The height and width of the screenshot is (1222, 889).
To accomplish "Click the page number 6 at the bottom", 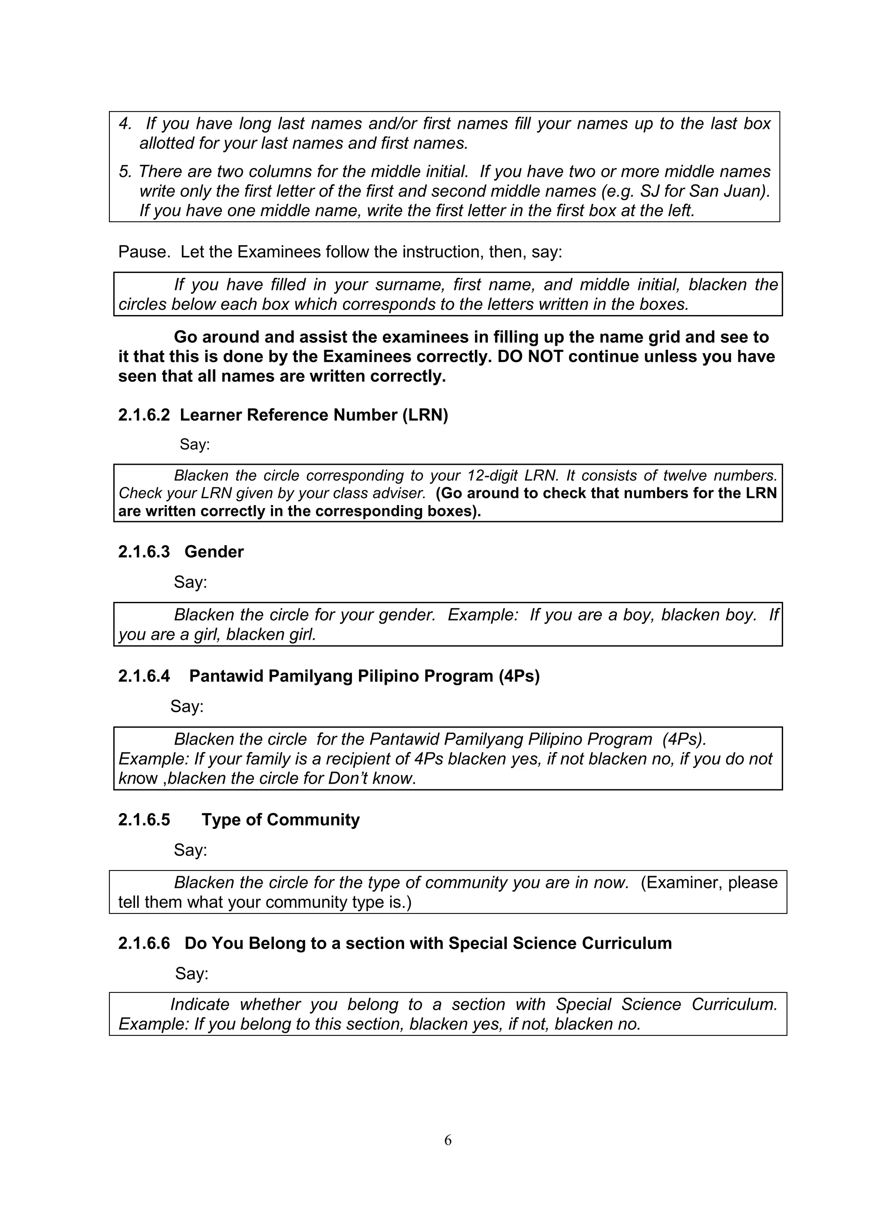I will pos(448,1140).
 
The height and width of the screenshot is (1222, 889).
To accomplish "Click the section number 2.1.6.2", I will pos(143,415).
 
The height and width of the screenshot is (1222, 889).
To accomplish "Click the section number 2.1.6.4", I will pos(143,676).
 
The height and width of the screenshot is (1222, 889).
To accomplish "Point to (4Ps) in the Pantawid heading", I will pos(519,676).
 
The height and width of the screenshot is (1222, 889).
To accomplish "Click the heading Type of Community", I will pos(280,820).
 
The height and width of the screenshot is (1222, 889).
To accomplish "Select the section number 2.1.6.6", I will pos(143,943).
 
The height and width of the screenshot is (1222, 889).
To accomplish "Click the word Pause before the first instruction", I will pos(143,252).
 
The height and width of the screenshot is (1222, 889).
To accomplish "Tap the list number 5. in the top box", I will pos(125,171).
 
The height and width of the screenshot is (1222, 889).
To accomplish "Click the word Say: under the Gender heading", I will pos(190,582).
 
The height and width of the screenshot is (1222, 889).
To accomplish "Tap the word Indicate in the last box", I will pos(200,1004).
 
